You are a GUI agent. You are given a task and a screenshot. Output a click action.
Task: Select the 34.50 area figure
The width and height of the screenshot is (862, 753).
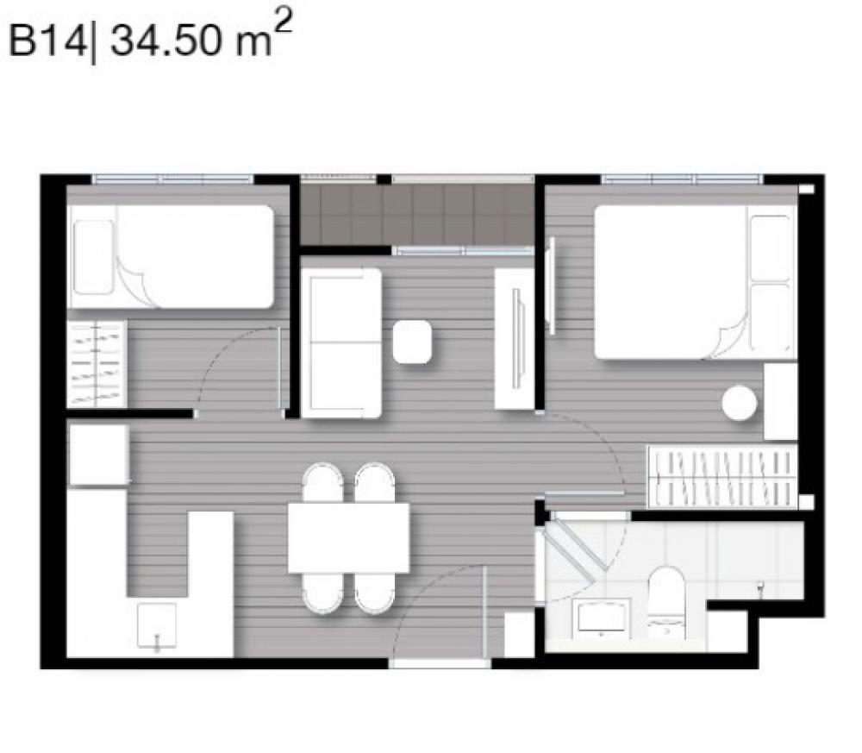point(165,41)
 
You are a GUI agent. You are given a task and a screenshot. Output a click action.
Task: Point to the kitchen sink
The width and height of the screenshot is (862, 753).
point(157,626)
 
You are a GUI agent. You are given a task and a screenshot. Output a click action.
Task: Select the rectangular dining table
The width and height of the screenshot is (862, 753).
point(348,537)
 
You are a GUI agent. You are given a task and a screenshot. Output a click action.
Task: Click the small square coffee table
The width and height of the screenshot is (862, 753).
point(412,342)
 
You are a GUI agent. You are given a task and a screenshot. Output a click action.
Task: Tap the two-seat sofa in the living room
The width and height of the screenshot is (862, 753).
point(341,342)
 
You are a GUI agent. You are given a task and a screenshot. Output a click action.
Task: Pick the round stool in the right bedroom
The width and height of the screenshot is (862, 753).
point(739,403)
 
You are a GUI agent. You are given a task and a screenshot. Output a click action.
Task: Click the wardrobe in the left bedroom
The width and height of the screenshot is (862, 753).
point(97,364)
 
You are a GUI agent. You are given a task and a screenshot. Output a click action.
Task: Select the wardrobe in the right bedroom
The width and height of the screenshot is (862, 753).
point(722,476)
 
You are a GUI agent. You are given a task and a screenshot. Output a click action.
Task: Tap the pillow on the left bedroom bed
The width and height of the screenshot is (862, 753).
point(93,257)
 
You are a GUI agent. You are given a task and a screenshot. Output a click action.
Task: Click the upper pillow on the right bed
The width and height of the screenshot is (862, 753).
point(770,248)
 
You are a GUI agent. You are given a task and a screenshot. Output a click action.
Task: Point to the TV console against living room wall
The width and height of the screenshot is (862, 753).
point(515,339)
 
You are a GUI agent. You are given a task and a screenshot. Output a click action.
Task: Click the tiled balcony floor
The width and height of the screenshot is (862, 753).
point(416,215)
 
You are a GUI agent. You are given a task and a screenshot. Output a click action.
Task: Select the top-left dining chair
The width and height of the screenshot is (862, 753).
point(322,482)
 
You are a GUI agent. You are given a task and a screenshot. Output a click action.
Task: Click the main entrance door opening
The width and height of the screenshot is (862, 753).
point(440,663)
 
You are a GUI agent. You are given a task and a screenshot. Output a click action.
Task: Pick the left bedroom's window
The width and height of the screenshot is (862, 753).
point(172,179)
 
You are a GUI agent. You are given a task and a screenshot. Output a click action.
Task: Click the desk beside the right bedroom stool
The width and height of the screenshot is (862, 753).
point(781,401)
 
